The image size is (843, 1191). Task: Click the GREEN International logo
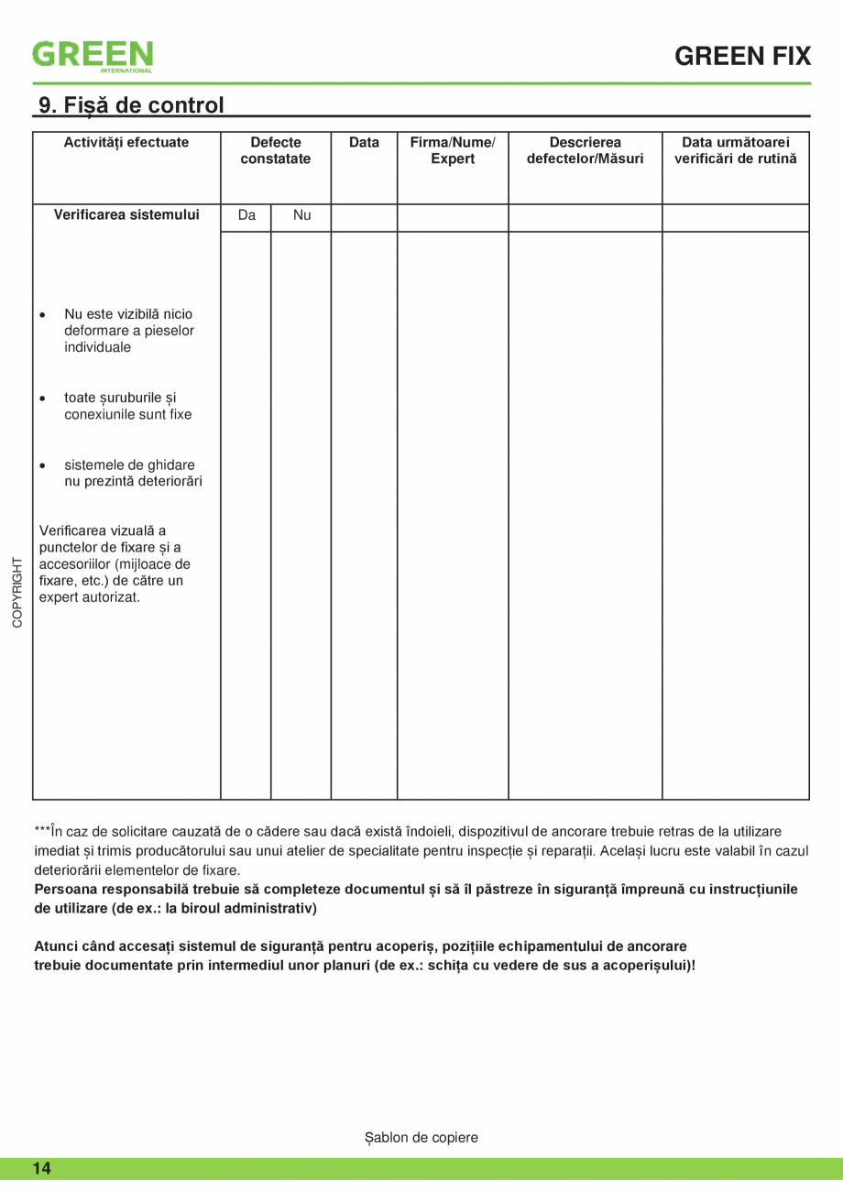tap(93, 55)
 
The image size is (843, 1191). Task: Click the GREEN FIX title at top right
tap(742, 57)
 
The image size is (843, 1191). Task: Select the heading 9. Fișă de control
tap(131, 105)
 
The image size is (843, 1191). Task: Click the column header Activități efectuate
tap(126, 142)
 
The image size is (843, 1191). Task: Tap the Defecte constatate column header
tap(276, 150)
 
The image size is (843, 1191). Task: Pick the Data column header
tap(364, 142)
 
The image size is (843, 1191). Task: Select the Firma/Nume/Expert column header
tap(453, 150)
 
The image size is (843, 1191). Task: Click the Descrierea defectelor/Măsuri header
tap(586, 150)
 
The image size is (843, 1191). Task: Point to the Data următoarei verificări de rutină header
tap(736, 150)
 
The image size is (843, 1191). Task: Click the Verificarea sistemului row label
tap(126, 215)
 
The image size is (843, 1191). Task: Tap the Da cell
tap(246, 216)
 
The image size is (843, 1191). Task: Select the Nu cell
tap(301, 216)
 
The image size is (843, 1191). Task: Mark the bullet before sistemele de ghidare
tap(43, 466)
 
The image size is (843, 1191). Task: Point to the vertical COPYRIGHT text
tap(17, 592)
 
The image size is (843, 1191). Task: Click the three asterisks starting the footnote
tap(42, 831)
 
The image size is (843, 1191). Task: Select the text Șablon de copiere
tap(421, 1137)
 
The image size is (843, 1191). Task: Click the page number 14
tap(42, 1168)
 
